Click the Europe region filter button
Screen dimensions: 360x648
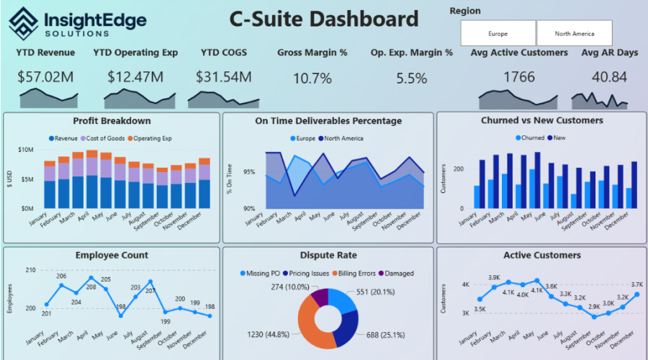pyautogui.click(x=498, y=33)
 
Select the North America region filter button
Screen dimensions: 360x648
pyautogui.click(x=574, y=33)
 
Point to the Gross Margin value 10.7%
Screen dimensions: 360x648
pyautogui.click(x=312, y=78)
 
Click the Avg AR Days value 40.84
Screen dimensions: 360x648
pyautogui.click(x=603, y=77)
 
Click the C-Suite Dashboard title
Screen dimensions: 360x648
pyautogui.click(x=323, y=19)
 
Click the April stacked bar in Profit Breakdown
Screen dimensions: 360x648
pyautogui.click(x=91, y=179)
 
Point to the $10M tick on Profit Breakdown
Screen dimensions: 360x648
pyautogui.click(x=25, y=150)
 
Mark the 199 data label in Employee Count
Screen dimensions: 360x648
pyautogui.click(x=165, y=321)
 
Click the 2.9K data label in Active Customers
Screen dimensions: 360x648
pyautogui.click(x=595, y=307)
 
